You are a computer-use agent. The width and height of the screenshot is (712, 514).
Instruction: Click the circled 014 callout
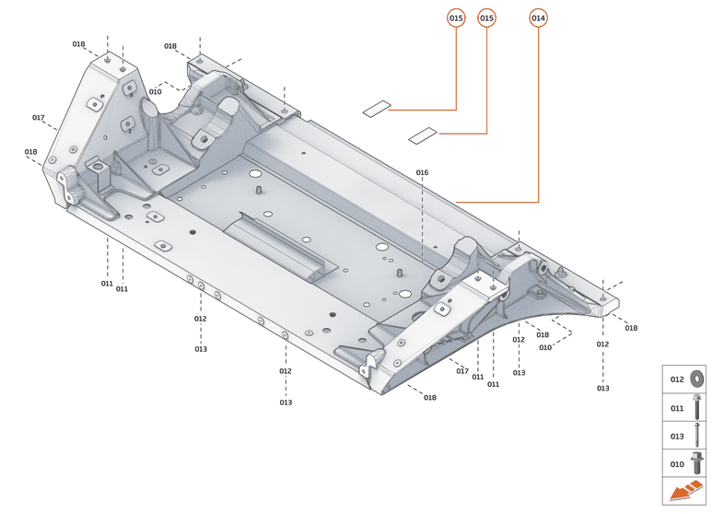538,18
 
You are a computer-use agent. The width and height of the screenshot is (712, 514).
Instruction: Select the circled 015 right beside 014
487,18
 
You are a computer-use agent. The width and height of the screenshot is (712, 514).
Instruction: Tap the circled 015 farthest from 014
456,18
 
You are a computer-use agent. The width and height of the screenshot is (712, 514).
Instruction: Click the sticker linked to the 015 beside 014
422,134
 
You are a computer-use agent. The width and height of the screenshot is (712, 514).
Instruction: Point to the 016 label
422,172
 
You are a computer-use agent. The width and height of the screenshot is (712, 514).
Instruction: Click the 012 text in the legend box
677,379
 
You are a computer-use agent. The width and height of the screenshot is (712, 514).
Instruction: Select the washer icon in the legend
697,379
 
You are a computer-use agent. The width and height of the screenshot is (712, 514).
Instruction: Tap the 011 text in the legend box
677,407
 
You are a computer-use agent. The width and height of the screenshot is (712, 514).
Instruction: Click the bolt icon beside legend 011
697,407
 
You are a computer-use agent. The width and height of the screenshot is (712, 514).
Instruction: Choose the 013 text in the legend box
677,436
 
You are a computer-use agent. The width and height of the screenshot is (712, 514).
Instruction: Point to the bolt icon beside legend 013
697,436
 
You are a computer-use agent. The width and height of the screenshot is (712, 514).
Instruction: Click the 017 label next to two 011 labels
462,371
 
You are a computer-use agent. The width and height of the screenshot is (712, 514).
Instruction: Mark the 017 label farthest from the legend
38,118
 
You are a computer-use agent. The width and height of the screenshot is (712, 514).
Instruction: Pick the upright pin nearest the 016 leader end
399,273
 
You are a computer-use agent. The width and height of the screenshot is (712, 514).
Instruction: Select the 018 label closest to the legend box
631,328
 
